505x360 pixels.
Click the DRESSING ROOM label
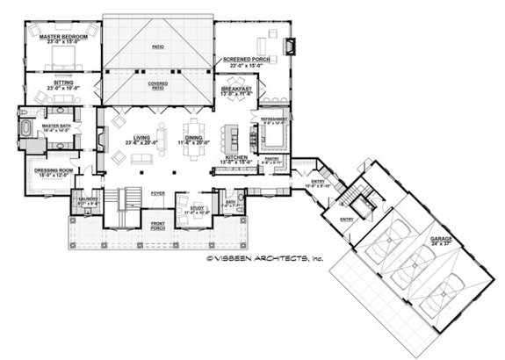(52, 170)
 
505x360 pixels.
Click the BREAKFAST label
(236, 90)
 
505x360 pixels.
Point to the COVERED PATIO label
(158, 83)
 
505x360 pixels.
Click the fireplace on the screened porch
(294, 41)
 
